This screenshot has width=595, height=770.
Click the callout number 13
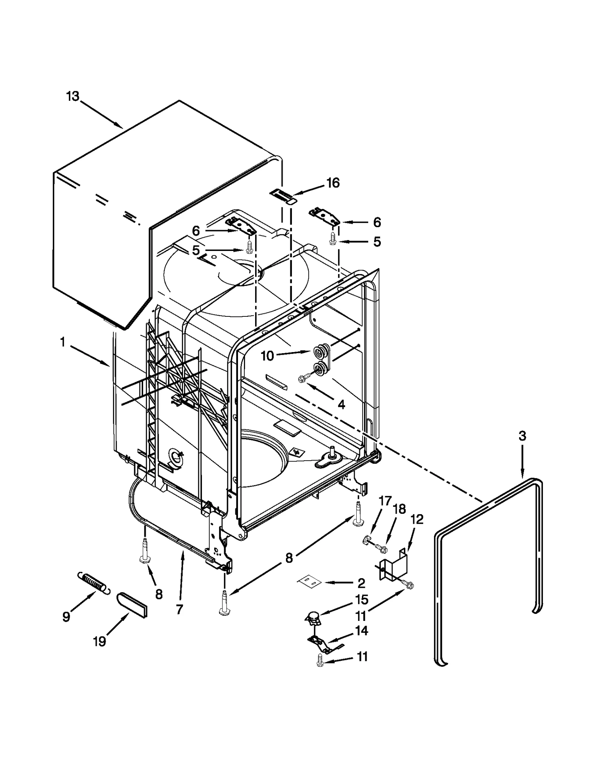pos(73,97)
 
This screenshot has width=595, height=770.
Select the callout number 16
pos(333,183)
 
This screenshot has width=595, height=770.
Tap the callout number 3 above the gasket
pos(522,436)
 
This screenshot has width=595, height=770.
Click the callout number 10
pos(267,356)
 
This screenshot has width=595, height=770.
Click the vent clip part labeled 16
pos(283,196)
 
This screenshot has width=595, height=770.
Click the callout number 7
pos(179,609)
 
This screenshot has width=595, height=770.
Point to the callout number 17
pos(385,501)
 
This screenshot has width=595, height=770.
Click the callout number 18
pos(399,509)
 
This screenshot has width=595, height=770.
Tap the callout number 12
pos(417,519)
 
